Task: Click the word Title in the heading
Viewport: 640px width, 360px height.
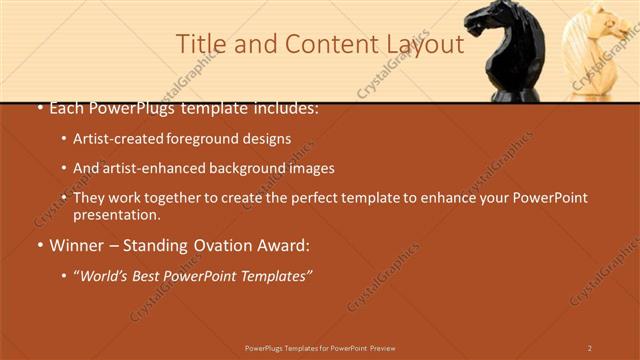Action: click(199, 44)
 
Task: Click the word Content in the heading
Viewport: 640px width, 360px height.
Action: click(323, 44)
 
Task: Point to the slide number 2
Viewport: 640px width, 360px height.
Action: click(589, 348)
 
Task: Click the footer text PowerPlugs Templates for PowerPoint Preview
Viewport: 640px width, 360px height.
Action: click(320, 348)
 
